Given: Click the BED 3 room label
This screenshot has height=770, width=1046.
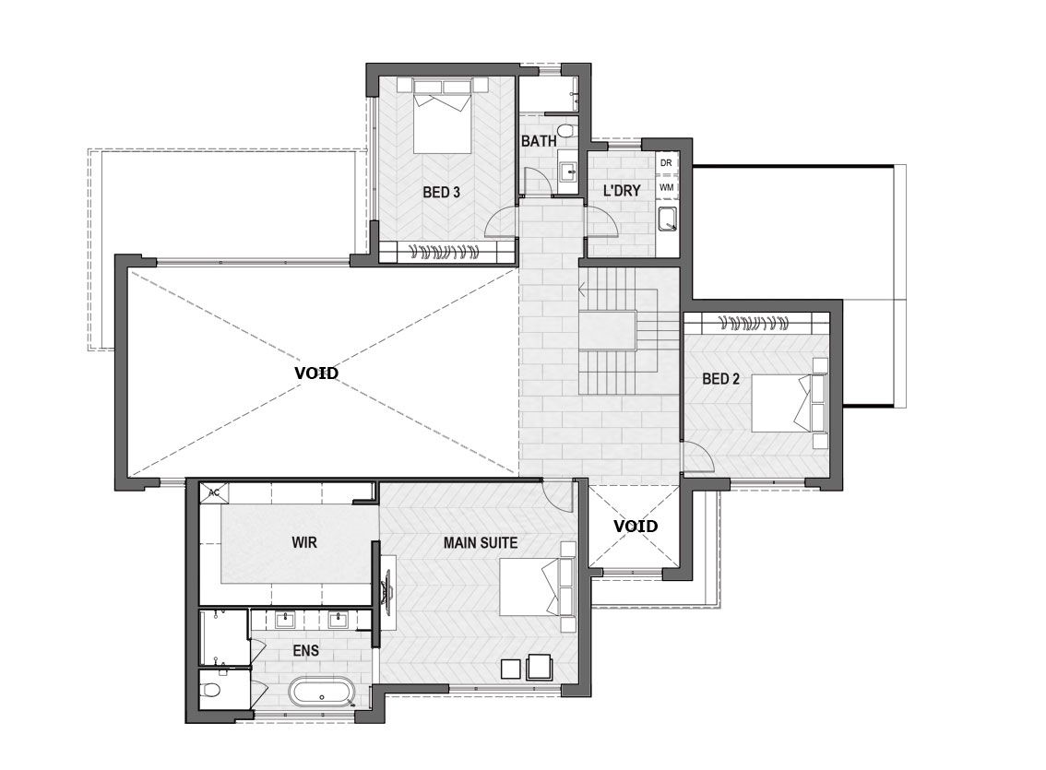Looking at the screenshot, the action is (x=441, y=193).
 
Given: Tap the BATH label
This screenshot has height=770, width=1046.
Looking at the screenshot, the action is (x=539, y=141).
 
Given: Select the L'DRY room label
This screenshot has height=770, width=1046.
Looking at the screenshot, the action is (x=622, y=191).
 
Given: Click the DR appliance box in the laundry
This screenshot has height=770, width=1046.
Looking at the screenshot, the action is (x=666, y=162).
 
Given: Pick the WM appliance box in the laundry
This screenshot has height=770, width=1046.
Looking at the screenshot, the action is (x=666, y=187).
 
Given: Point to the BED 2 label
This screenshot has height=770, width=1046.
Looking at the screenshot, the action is (x=720, y=379).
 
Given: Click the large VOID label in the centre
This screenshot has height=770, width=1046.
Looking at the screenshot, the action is (x=317, y=373).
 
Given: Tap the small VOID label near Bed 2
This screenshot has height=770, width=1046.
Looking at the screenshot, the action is (x=635, y=527).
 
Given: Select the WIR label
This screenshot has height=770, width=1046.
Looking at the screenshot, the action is (x=304, y=542).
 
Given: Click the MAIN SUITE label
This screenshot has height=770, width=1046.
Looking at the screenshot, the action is (x=481, y=543).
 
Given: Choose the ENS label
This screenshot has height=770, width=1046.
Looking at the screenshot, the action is (x=305, y=650).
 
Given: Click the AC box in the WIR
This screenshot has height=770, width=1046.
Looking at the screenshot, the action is (x=214, y=492).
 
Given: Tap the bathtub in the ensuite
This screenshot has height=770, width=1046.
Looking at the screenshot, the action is (x=322, y=692).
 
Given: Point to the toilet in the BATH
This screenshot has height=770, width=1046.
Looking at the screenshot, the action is (x=565, y=130).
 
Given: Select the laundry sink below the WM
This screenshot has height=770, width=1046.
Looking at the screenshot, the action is (x=666, y=219).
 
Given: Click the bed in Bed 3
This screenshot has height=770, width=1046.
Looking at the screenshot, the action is (x=443, y=116).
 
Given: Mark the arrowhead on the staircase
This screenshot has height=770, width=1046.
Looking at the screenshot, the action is (x=582, y=290).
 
